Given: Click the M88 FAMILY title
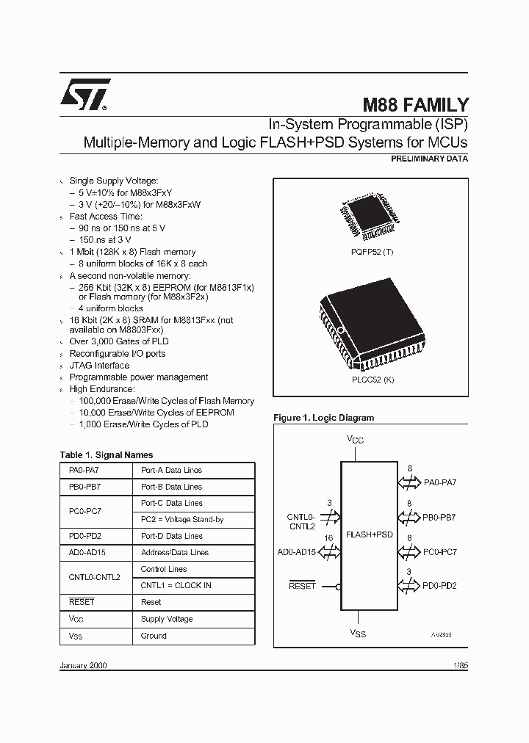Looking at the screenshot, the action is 416,105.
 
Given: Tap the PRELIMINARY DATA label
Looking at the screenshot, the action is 428,159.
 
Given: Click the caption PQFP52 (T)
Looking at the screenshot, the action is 372,251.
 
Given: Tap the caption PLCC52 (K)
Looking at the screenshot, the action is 372,380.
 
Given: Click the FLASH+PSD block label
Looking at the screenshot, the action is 370,534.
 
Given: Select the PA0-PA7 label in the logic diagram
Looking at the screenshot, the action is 440,482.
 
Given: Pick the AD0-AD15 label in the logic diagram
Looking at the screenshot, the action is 297,551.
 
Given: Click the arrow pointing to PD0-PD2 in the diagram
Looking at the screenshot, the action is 409,585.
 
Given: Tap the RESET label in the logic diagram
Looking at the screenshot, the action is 302,586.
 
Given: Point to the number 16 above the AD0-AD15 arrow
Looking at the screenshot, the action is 328,538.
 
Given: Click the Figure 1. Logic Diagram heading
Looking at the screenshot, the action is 323,418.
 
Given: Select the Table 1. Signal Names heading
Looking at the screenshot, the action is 107,455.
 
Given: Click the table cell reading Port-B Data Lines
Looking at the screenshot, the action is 171,487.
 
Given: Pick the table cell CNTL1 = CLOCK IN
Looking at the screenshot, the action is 176,585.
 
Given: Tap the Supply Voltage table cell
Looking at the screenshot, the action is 167,619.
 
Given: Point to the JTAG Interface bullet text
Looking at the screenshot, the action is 99,365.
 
